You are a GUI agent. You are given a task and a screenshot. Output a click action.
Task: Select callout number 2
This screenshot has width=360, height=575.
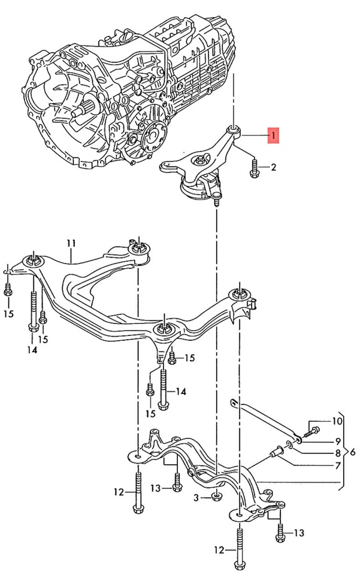[273, 167]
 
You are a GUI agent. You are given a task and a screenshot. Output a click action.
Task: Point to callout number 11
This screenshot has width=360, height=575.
[71, 243]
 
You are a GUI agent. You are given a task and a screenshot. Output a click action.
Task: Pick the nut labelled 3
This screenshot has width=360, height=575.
[215, 495]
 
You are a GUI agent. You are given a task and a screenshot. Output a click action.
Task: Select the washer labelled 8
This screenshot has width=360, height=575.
[289, 444]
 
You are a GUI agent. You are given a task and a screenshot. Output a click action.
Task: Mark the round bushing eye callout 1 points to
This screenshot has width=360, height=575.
[233, 129]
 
